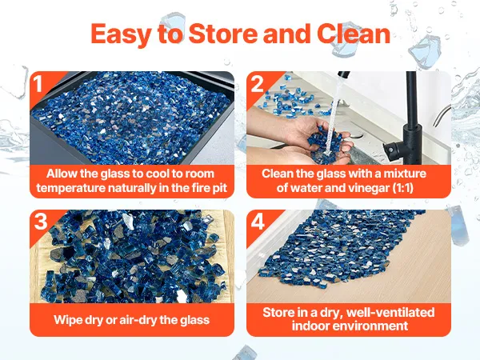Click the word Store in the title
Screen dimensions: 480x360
pyautogui.click(x=223, y=34)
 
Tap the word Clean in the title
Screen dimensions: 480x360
pyautogui.click(x=354, y=34)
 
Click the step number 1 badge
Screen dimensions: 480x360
pyautogui.click(x=38, y=83)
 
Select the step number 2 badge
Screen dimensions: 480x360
pyautogui.click(x=257, y=83)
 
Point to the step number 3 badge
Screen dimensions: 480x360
pyautogui.click(x=41, y=222)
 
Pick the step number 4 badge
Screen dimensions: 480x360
pyautogui.click(x=258, y=222)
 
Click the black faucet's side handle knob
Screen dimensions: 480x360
pyautogui.click(x=391, y=150)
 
